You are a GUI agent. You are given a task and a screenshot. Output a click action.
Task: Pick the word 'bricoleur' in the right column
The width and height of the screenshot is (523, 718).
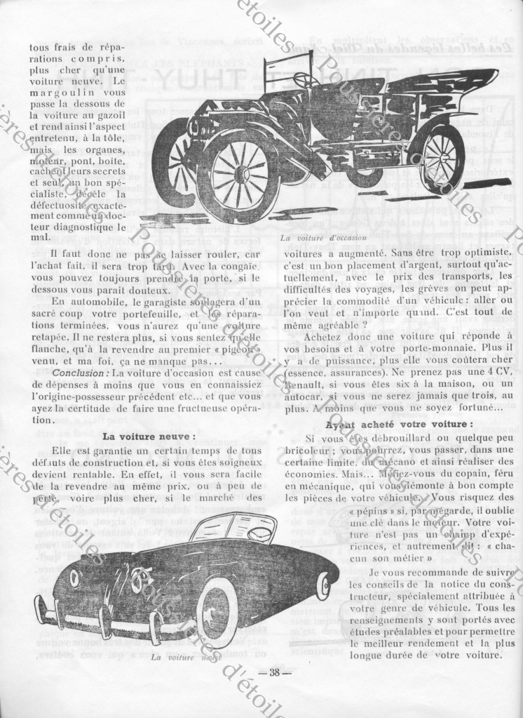click(308, 451)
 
